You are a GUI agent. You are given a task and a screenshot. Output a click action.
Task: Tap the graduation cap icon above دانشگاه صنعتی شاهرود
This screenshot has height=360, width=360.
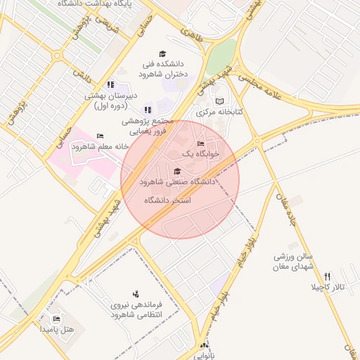point(176,172)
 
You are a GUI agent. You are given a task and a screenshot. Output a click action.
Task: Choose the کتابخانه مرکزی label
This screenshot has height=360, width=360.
point(219,112)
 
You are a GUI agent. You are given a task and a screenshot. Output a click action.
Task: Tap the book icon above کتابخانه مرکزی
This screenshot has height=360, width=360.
point(218,101)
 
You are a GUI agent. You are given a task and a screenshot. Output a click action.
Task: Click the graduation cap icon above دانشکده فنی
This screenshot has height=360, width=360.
point(162,54)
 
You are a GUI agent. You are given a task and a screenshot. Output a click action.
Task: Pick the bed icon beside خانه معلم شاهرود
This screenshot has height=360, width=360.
point(100,136)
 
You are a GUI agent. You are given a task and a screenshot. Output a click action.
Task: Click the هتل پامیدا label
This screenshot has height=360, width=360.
point(56,329)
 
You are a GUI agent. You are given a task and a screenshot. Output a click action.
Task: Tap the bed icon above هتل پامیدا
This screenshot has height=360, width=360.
point(57,319)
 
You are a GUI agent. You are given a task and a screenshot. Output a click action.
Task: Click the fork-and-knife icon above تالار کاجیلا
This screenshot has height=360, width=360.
point(327,277)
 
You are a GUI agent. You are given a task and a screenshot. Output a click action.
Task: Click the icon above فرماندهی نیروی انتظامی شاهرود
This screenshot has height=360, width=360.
point(136,294)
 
